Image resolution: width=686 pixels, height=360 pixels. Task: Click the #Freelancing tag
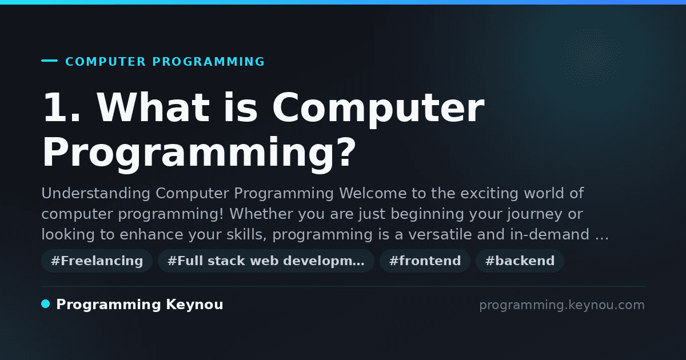[97, 261]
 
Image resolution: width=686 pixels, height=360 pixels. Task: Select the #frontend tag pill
[425, 261]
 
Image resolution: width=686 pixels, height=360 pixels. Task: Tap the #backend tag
[520, 261]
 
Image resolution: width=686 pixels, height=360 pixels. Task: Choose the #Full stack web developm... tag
[266, 261]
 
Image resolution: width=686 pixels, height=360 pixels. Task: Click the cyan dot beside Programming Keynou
[46, 304]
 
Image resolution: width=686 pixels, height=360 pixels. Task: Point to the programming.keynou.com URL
[562, 305]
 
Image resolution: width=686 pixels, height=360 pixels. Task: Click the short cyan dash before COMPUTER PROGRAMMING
[49, 61]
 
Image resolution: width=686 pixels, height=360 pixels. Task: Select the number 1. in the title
[62, 107]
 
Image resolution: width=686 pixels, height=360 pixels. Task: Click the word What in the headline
[153, 107]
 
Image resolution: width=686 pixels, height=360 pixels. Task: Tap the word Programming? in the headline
[199, 153]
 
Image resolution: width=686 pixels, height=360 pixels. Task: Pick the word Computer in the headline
[378, 108]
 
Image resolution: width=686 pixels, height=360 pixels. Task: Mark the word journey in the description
[535, 214]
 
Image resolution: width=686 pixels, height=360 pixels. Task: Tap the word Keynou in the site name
[194, 304]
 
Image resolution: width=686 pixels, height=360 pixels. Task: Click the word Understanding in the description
[96, 194]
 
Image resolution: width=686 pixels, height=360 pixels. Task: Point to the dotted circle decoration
[592, 58]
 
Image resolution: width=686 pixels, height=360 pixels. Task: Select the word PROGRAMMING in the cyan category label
[209, 62]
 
